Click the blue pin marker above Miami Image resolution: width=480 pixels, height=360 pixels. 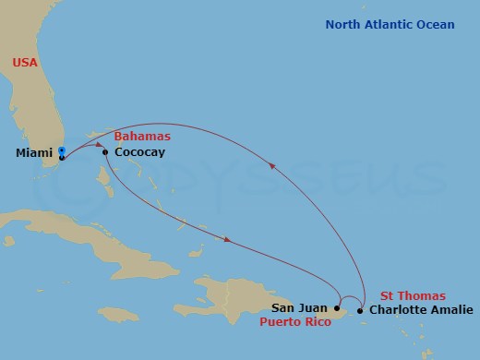coord(61,150)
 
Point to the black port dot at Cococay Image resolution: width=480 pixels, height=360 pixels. coord(105,152)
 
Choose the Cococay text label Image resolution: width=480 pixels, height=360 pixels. coord(139,152)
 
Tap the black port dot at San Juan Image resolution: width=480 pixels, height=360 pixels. coord(337,308)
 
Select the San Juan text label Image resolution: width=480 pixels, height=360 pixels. coord(301,309)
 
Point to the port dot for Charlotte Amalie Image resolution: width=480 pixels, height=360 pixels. coord(360,310)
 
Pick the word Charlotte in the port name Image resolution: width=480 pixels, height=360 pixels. coord(398,310)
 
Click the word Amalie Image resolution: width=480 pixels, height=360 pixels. coord(451,310)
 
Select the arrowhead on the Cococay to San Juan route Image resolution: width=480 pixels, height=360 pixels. coord(225,242)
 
